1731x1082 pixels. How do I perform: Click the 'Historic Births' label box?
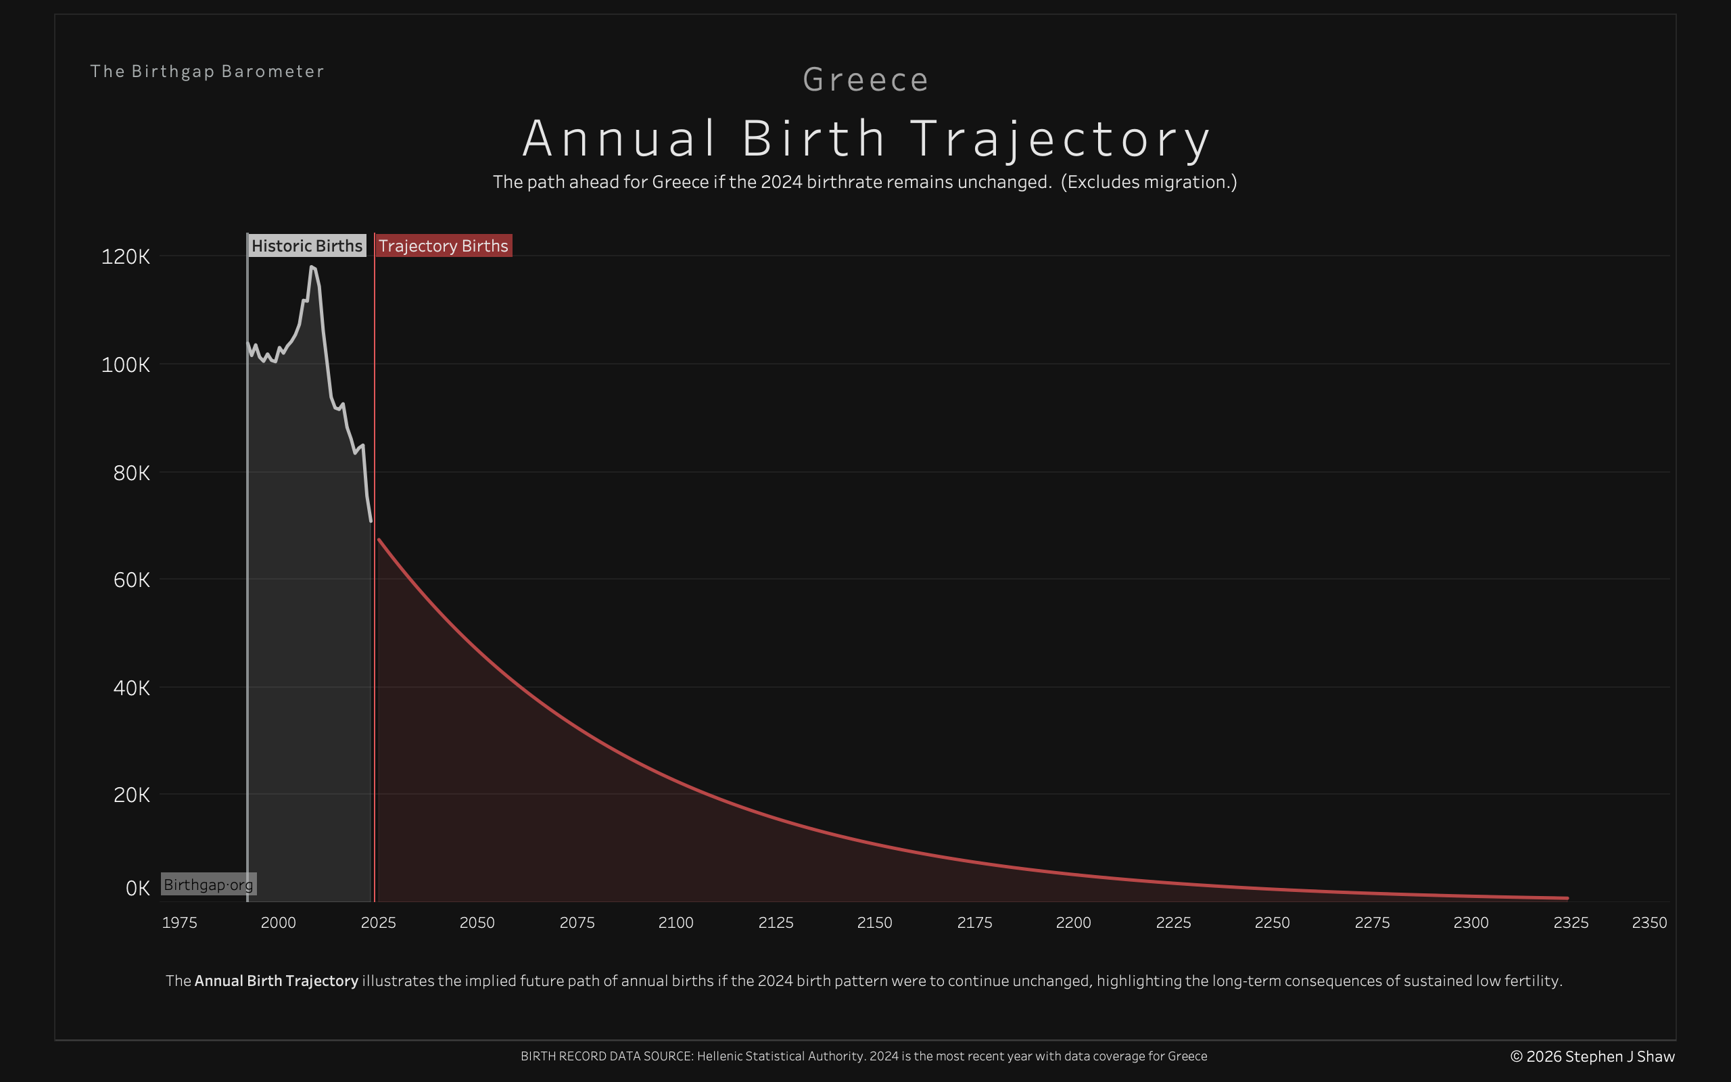[x=307, y=246]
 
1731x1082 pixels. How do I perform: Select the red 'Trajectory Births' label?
[x=444, y=246]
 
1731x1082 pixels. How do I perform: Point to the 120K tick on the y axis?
[x=126, y=257]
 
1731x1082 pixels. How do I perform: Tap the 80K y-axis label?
[x=132, y=473]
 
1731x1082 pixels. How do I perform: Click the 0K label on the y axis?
[x=137, y=888]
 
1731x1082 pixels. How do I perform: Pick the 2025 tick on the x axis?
[x=379, y=922]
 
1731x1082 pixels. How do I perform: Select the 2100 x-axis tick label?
[x=676, y=922]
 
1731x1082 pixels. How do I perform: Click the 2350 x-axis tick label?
[x=1649, y=922]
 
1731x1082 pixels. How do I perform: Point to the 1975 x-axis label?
[x=180, y=922]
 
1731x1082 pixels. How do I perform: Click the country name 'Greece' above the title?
[x=865, y=79]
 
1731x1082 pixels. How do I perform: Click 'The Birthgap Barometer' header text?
[x=208, y=72]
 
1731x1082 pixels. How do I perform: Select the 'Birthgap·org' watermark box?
[x=208, y=885]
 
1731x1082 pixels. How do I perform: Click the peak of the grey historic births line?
[x=311, y=267]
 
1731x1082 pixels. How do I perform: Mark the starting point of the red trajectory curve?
[x=379, y=540]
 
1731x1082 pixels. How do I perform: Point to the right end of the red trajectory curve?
[x=1567, y=897]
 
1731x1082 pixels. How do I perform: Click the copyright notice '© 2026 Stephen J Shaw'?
[x=1592, y=1056]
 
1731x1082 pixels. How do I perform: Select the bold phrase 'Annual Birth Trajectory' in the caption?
[x=276, y=981]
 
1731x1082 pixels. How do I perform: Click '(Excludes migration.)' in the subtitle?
[x=1149, y=182]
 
